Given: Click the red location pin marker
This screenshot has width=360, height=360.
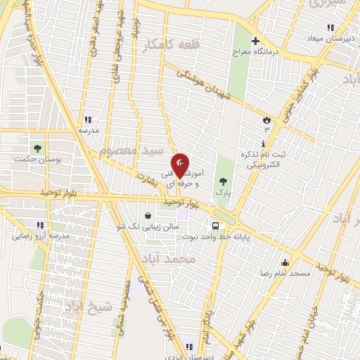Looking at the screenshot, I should tap(180, 165).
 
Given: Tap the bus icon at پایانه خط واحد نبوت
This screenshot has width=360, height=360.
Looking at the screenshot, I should tap(216, 226).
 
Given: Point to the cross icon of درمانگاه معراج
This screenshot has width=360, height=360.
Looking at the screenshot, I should tap(256, 41).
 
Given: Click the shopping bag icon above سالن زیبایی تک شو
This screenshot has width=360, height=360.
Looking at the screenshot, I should tap(148, 216).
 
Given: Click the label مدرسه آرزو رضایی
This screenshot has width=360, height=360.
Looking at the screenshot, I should tap(40, 236).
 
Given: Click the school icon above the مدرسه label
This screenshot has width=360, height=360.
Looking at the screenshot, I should tap(87, 120).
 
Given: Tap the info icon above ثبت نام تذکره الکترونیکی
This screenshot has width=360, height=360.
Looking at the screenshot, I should tap(263, 143).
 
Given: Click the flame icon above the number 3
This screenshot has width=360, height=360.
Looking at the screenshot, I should tap(266, 120).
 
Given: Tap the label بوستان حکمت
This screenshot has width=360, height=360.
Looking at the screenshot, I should tap(38, 160).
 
